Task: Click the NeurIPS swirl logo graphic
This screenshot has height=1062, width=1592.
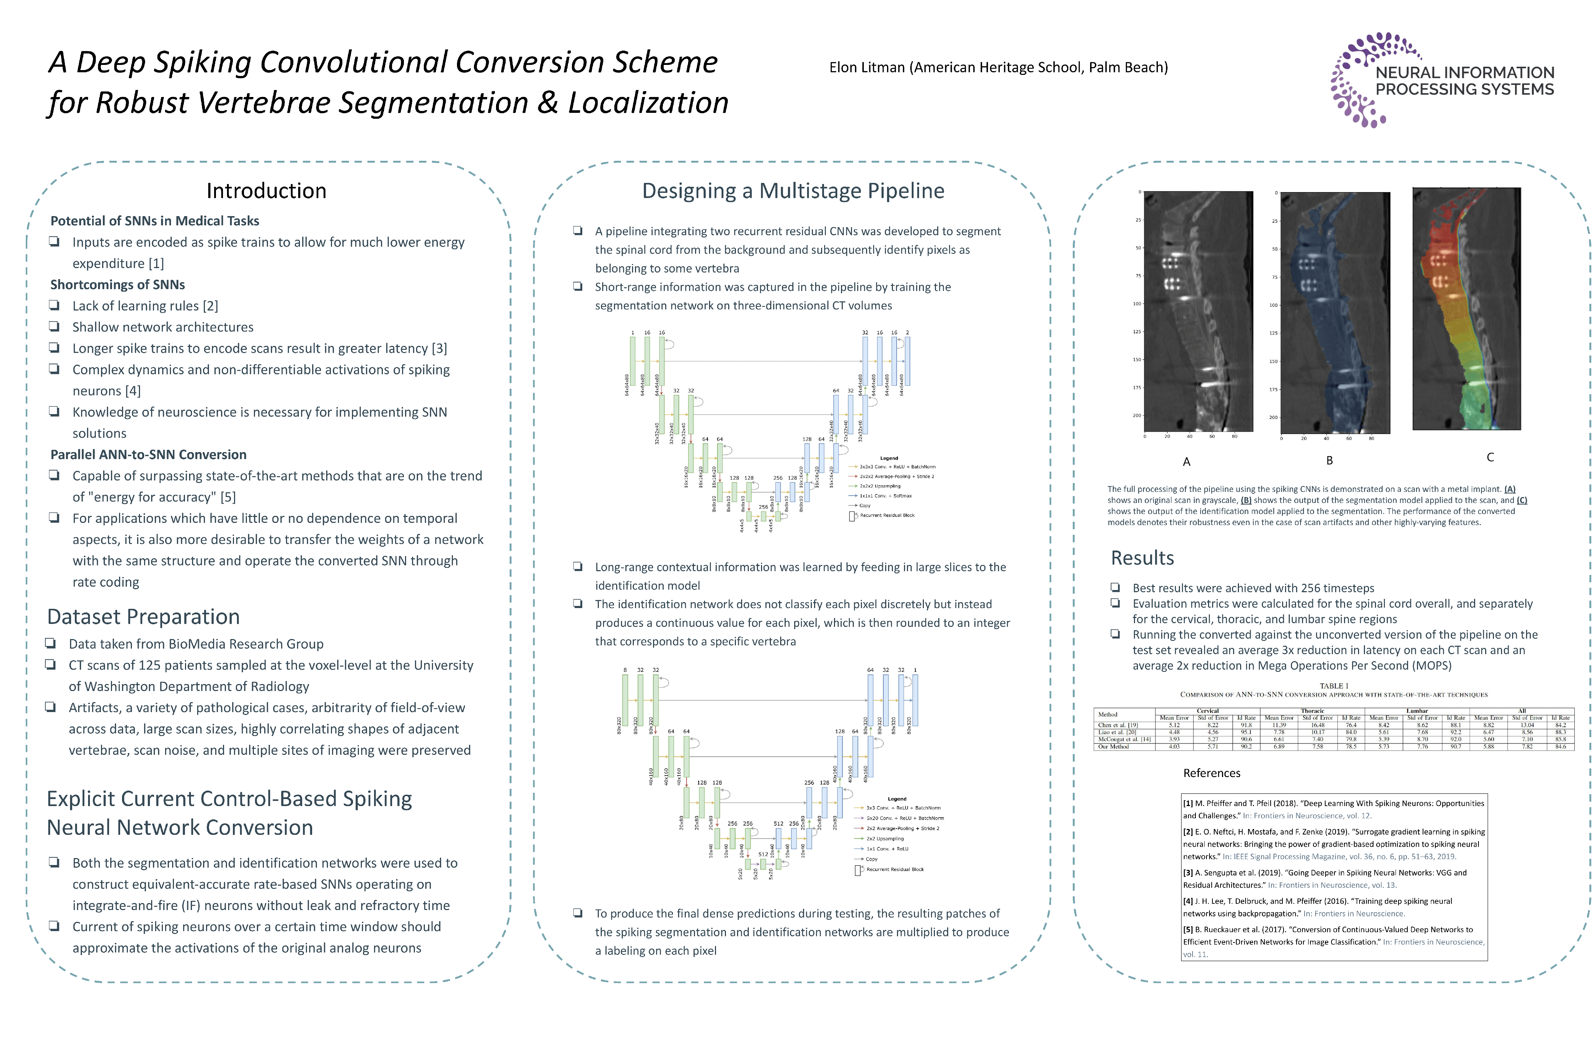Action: click(x=1357, y=80)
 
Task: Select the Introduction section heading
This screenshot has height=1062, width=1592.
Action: click(x=266, y=191)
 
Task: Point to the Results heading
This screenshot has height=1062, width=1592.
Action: click(x=1142, y=558)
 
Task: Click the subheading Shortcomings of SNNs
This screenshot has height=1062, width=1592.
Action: click(x=117, y=284)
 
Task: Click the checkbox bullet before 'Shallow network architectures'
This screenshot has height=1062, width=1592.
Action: click(x=54, y=326)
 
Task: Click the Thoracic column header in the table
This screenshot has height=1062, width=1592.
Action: click(x=1312, y=711)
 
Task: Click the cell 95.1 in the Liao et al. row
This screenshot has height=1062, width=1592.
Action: click(x=1246, y=732)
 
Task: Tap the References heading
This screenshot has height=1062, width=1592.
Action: click(x=1212, y=774)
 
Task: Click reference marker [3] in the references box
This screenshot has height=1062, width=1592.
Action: click(x=1188, y=873)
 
